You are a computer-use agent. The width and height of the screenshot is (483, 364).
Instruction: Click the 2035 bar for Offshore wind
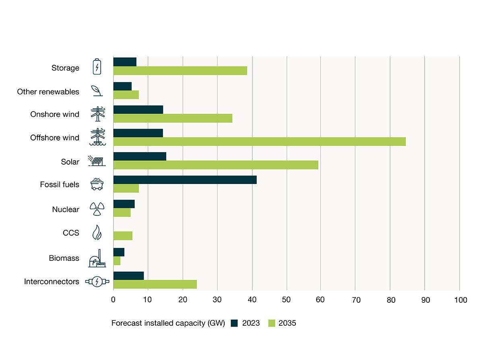point(259,142)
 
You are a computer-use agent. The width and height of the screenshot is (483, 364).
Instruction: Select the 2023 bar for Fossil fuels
point(185,180)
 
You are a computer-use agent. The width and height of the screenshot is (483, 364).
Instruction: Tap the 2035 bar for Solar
point(215,165)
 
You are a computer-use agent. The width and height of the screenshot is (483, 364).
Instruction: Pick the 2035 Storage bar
point(180,71)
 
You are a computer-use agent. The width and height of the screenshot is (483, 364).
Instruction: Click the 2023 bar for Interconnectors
point(128,275)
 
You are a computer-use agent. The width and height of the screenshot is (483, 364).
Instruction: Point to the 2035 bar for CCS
point(123,236)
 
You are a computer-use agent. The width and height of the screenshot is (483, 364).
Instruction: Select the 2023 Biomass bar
point(119,252)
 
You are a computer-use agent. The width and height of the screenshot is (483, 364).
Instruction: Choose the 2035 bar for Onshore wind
point(173,118)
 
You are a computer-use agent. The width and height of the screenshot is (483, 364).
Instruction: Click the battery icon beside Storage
point(97,67)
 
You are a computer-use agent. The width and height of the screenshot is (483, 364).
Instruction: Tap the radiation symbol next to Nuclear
point(97,209)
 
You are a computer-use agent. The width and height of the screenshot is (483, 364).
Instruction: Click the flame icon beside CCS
point(97,233)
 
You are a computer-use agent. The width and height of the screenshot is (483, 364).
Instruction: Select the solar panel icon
point(97,161)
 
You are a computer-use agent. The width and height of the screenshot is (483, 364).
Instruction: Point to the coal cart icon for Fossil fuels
point(97,184)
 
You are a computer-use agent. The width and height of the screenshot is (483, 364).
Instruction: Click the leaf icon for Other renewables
point(97,91)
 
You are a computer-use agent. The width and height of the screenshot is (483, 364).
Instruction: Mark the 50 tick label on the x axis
point(286,300)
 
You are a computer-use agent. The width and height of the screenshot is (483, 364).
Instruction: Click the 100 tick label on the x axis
point(460,300)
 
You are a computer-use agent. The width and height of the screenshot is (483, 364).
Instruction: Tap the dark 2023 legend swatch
point(235,323)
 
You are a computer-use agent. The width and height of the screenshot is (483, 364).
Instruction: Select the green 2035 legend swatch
point(272,323)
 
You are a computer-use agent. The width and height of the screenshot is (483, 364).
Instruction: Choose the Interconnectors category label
point(52,281)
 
